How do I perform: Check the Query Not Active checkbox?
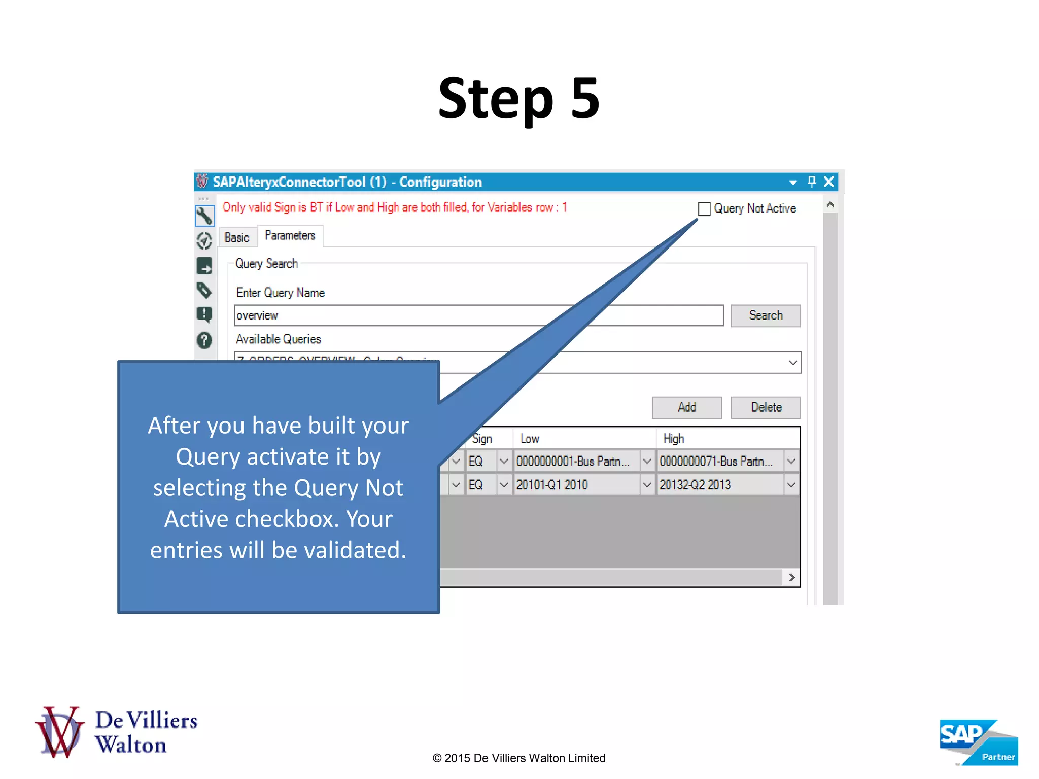coord(704,209)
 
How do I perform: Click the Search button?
coord(765,315)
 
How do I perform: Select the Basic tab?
coord(236,237)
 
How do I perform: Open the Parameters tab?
coord(290,236)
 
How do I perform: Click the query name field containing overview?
coord(478,315)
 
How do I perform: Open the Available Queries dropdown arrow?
coord(792,363)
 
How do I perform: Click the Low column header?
coord(530,439)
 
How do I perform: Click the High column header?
coord(673,439)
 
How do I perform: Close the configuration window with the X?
coord(829,182)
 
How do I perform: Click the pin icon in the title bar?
coord(812,182)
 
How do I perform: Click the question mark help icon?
coord(204,340)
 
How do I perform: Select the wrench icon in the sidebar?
coord(204,216)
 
